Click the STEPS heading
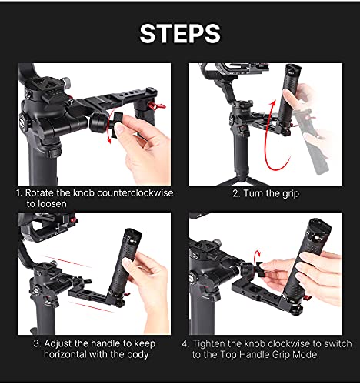click(179, 34)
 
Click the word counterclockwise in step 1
click(134, 192)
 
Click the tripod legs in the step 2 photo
click(238, 176)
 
